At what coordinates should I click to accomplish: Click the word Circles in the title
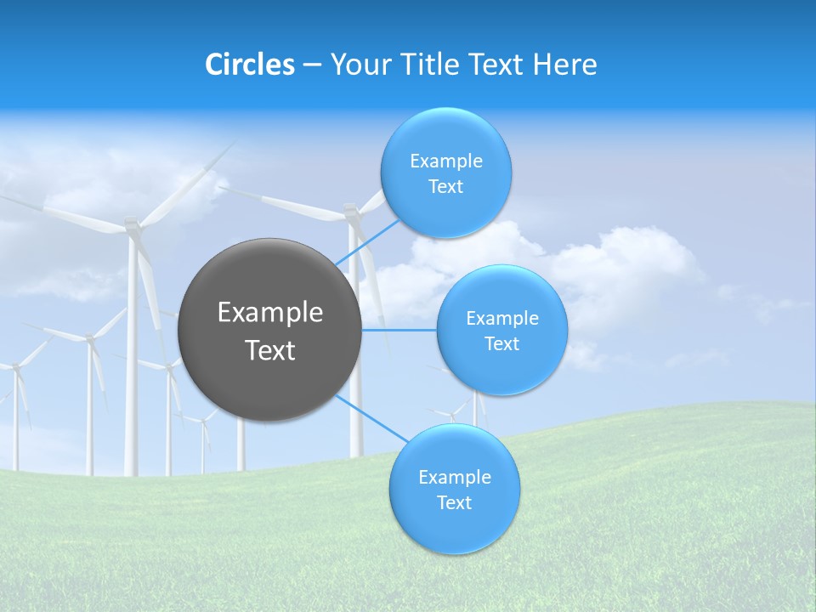coord(250,65)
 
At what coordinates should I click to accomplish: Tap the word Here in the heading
coord(564,65)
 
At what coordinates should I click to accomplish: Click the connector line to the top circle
coord(368,242)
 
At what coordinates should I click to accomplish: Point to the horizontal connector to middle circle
coord(399,330)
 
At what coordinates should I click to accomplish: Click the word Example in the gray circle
coord(270,313)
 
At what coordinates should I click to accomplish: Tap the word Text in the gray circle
coord(270,350)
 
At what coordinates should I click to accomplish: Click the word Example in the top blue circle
coord(445,161)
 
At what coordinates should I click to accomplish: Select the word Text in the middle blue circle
coord(501,344)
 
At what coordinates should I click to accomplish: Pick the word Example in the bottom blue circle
coord(454,478)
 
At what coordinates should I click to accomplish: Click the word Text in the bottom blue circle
coord(454,503)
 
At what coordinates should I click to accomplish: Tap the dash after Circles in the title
coord(312,65)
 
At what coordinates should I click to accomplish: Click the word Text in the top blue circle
coord(445,187)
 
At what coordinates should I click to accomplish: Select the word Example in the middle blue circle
coord(501,319)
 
